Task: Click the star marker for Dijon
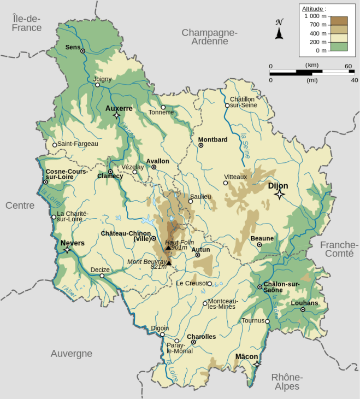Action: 280,195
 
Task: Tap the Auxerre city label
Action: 119,108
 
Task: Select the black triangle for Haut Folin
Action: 168,248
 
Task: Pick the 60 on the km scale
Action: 348,66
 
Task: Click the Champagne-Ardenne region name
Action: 209,37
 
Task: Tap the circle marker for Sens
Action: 83,50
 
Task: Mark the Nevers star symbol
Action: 67,250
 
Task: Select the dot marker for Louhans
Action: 303,310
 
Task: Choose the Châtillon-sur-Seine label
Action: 243,102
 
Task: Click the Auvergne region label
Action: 72,354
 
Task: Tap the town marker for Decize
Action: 102,276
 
